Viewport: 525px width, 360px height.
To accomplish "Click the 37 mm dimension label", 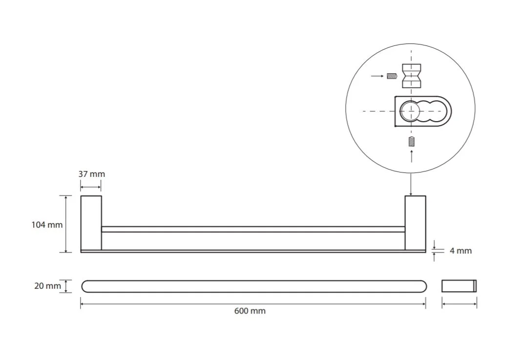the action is [x=92, y=174].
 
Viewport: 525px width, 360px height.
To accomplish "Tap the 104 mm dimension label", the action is [x=47, y=225].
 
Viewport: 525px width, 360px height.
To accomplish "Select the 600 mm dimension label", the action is [x=250, y=311].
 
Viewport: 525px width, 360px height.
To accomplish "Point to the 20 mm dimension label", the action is [x=47, y=286].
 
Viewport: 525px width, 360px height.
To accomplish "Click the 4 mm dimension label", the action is [x=461, y=251].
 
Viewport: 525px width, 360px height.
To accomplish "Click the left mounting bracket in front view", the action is [x=91, y=223].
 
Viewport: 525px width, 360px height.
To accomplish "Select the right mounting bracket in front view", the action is [x=415, y=223].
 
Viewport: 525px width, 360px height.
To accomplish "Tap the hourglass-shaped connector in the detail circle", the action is [x=411, y=76].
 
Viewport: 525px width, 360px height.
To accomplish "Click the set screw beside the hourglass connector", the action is [x=392, y=76].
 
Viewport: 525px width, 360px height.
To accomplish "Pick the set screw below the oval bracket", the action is [x=412, y=142].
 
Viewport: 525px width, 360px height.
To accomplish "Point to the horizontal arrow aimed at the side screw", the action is [x=378, y=76].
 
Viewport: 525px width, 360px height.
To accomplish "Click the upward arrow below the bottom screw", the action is [x=412, y=156].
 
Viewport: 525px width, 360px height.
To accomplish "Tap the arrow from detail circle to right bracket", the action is [x=411, y=184].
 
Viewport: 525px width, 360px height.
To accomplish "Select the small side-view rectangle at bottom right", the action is [x=459, y=286].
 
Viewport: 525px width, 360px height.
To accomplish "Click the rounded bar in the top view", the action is [x=254, y=286].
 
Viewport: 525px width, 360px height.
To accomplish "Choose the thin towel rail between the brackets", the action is [x=253, y=229].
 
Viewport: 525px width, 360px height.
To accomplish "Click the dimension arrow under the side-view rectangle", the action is [x=459, y=304].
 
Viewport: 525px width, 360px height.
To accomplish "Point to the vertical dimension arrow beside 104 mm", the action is [x=66, y=224].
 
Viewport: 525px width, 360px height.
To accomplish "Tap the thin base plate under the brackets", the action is [x=253, y=251].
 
